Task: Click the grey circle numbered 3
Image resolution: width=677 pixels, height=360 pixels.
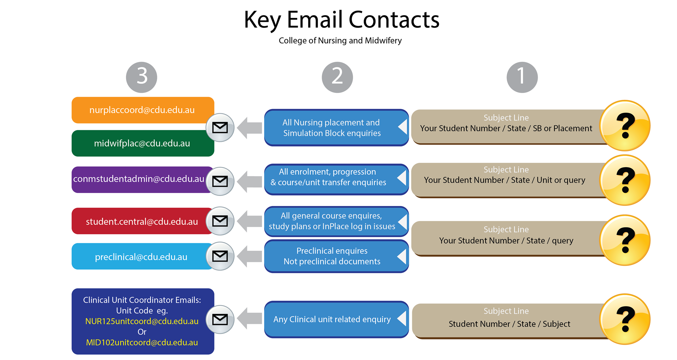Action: coord(141,77)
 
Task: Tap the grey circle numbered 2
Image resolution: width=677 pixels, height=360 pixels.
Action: coord(337,77)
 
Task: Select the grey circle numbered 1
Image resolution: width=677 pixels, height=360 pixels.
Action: coord(522,77)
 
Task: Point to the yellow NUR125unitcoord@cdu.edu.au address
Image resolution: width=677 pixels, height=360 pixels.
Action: coord(142,321)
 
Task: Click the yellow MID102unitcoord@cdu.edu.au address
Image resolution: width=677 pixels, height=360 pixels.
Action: coord(142,342)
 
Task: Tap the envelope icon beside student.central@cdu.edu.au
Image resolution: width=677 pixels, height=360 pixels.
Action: coord(220,221)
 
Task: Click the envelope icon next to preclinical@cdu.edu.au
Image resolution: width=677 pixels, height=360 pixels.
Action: coord(220,256)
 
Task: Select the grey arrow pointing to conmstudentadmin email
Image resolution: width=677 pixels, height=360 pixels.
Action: coord(250,181)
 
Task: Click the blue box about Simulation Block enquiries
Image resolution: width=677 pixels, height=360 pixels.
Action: coord(337,128)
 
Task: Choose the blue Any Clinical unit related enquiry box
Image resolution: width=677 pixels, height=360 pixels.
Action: coord(337,319)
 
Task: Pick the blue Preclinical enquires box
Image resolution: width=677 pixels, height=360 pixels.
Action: coord(337,256)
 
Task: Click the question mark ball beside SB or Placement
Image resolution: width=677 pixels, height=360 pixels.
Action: coord(625,126)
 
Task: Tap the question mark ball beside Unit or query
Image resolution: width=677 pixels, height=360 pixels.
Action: coord(625,180)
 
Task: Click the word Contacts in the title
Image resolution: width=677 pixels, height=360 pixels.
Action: coord(394,20)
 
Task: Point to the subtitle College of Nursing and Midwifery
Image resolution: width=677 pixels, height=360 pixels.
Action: coord(340,40)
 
